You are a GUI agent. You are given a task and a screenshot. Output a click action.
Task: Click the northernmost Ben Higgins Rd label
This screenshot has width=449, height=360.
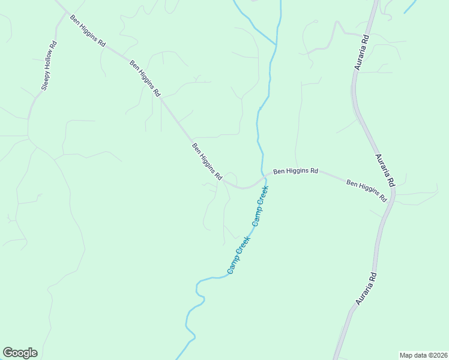click(x=88, y=32)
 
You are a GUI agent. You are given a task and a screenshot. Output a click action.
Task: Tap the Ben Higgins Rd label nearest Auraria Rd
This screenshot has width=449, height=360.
click(x=367, y=190)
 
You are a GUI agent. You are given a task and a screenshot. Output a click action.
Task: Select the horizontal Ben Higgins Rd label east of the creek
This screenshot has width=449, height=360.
click(x=295, y=171)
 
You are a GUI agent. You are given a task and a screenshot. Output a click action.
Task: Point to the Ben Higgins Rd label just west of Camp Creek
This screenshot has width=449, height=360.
click(x=207, y=162)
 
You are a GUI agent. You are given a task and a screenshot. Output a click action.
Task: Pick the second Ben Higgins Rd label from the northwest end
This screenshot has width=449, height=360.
click(x=145, y=79)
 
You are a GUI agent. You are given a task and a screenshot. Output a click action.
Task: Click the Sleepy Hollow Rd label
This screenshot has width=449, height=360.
click(x=49, y=65)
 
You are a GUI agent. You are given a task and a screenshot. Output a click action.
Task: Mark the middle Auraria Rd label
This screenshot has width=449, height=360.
click(x=385, y=169)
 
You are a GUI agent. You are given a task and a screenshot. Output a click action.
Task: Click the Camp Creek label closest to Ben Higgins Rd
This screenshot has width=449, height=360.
click(x=260, y=205)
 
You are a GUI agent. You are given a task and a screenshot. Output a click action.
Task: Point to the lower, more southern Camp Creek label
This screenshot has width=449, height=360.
click(x=238, y=256)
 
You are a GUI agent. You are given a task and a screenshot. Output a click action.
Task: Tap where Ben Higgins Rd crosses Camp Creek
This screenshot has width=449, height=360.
click(x=264, y=178)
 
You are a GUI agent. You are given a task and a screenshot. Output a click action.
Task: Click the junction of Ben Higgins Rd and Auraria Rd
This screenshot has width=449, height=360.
click(x=394, y=194)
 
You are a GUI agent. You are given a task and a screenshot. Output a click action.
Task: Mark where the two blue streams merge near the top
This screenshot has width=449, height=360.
click(x=277, y=43)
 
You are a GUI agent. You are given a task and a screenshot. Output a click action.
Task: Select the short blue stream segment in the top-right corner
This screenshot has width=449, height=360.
click(x=411, y=7)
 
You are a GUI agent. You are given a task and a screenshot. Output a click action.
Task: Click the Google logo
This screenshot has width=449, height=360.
click(x=20, y=353)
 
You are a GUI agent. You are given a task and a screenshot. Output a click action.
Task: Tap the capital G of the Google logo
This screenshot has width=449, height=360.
click(x=8, y=353)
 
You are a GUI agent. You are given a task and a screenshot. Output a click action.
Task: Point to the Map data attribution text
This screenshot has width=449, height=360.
click(x=423, y=355)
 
